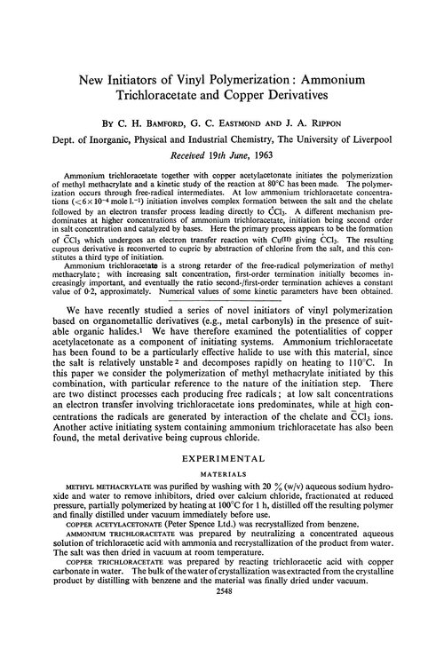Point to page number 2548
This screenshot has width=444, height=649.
(x=221, y=638)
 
